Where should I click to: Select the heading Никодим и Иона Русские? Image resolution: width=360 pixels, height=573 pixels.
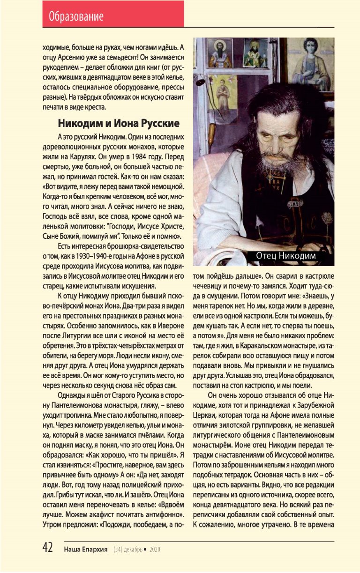coord(119,124)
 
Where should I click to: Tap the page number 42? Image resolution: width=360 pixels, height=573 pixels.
coord(47,548)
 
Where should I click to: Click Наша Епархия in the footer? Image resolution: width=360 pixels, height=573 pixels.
coord(86,549)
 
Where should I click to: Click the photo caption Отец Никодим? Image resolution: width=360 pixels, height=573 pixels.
coord(286,256)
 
